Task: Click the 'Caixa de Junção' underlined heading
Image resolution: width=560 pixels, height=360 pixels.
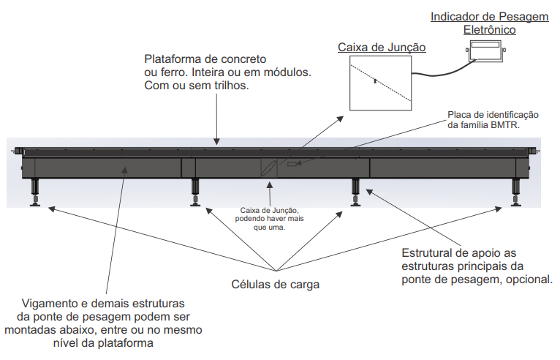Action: click(382, 48)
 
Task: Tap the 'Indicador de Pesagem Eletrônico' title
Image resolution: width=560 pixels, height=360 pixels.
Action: click(489, 23)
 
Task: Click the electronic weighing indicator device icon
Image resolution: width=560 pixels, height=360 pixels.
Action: click(485, 50)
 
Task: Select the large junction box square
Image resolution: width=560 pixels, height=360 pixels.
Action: click(380, 83)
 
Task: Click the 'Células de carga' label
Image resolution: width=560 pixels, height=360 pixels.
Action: click(276, 285)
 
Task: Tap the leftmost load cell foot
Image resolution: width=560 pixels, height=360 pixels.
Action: click(35, 192)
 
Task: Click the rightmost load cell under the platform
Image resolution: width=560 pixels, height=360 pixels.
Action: click(515, 192)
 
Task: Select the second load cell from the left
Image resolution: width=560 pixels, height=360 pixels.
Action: click(195, 192)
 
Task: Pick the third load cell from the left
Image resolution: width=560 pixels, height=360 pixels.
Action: click(355, 192)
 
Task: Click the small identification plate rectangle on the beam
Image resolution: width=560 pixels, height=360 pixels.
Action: click(292, 164)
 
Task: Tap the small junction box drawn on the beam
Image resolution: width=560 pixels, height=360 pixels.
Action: click(269, 168)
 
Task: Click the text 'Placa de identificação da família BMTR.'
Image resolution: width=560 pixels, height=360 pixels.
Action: click(493, 120)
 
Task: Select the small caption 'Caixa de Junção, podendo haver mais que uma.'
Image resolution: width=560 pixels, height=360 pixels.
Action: click(269, 219)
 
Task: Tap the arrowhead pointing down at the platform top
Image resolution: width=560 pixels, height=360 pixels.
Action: click(217, 141)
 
